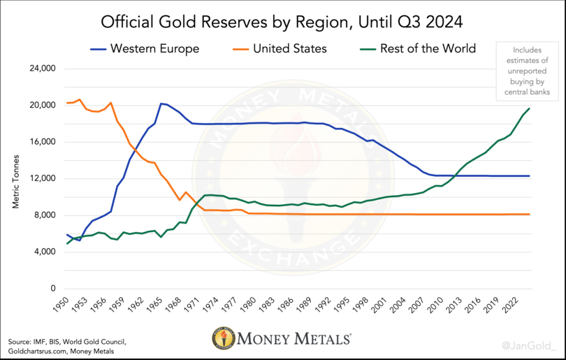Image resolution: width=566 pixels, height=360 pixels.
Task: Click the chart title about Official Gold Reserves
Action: point(282,22)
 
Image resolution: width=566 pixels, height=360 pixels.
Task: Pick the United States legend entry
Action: point(282,49)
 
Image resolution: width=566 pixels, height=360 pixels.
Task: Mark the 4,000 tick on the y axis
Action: point(43,252)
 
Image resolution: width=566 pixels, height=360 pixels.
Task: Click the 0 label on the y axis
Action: point(52,289)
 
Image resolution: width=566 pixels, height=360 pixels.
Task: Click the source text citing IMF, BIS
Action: point(68,345)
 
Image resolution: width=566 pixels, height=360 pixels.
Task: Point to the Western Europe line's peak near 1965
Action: point(161,103)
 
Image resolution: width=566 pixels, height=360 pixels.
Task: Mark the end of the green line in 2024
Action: point(530,108)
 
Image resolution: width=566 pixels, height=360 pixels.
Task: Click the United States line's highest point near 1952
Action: point(80,99)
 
